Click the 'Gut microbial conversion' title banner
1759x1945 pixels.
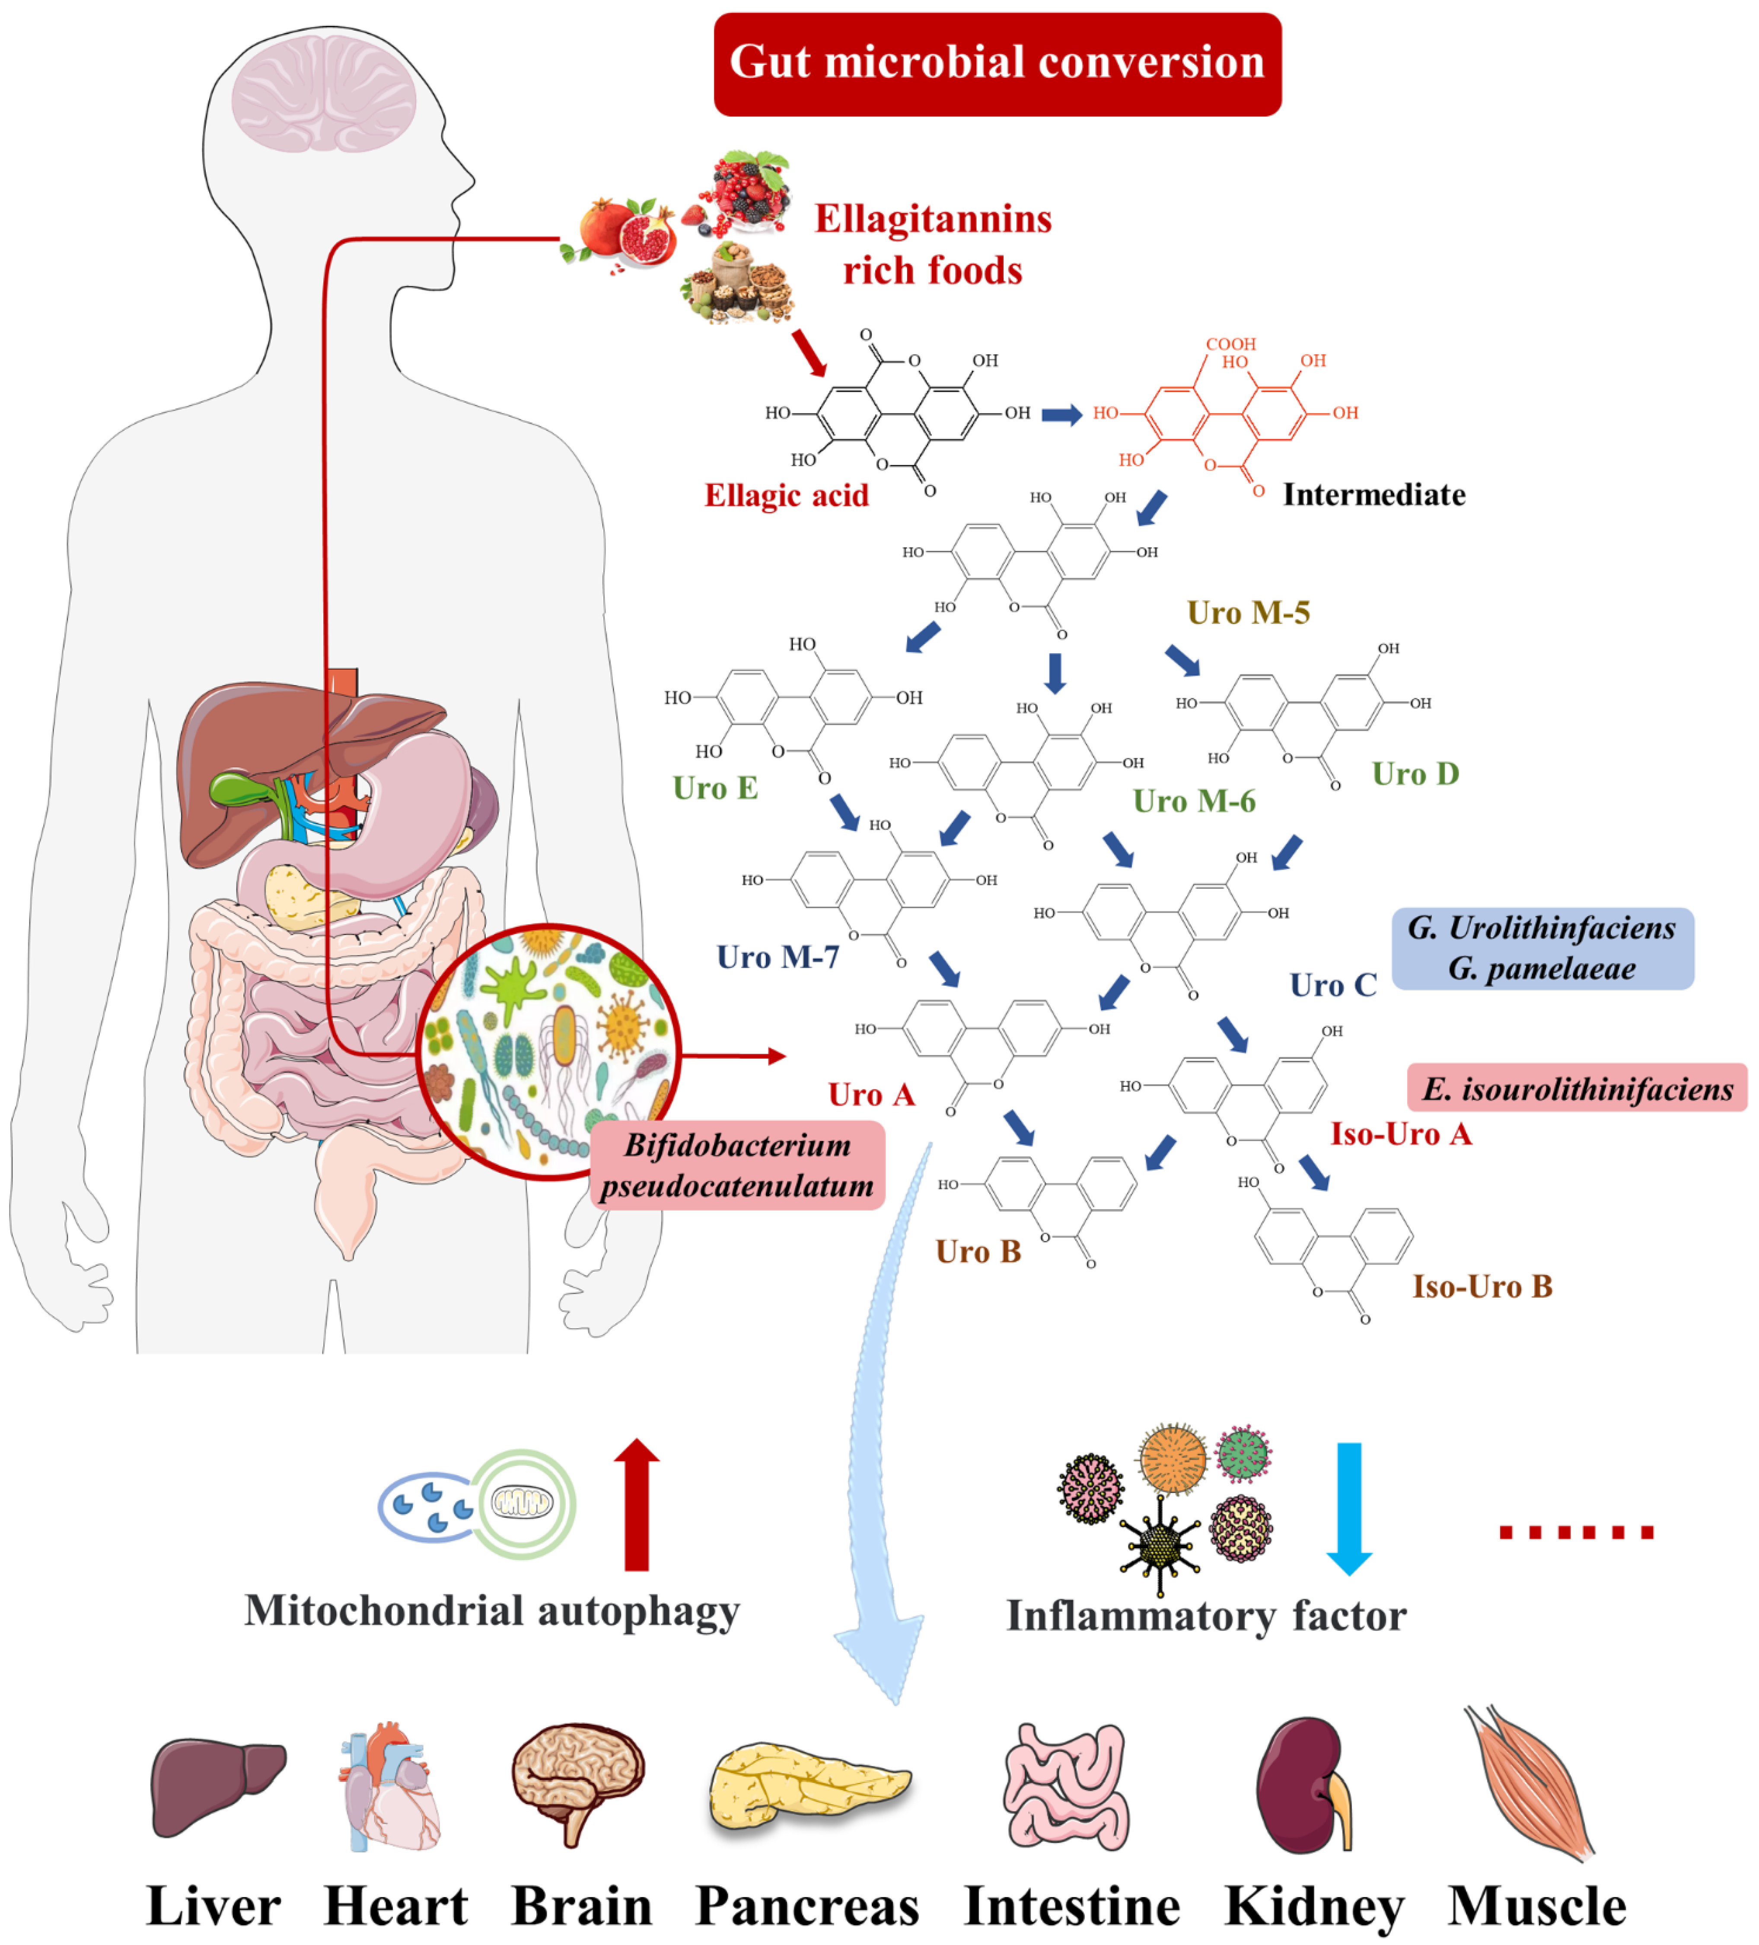pos(997,64)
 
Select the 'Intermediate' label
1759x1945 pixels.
pos(1373,495)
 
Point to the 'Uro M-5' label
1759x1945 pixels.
pos(1248,613)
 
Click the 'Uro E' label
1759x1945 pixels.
pos(715,788)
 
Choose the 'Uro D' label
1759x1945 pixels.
pos(1415,774)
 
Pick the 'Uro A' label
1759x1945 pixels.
pos(870,1094)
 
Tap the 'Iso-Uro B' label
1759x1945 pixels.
pos(1482,1286)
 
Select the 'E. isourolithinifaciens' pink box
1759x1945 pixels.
pos(1577,1088)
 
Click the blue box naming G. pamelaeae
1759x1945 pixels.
pos(1542,949)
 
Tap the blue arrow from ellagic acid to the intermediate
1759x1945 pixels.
pos(1061,415)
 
